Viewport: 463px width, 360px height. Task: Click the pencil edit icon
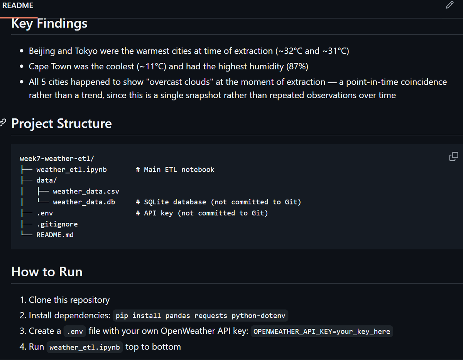449,5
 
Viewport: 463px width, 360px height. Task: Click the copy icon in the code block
454,156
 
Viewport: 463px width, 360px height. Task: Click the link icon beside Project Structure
3,123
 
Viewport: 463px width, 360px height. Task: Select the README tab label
18,5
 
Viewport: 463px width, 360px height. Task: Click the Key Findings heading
49,24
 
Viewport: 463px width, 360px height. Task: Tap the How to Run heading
47,272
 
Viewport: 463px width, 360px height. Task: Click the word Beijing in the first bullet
42,51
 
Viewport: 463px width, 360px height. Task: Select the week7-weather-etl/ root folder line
57,158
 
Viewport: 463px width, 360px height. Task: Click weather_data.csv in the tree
86,191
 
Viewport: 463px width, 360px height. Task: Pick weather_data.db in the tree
84,202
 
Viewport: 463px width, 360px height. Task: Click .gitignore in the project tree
57,224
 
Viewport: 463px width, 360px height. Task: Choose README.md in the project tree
55,235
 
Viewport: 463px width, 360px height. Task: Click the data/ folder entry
47,180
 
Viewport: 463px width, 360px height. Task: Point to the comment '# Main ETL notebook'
175,170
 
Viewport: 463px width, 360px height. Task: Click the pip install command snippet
200,316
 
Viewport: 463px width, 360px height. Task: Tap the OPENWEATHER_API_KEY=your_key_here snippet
322,331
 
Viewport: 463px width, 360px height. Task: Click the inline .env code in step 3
75,331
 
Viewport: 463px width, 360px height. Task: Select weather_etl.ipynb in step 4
84,347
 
